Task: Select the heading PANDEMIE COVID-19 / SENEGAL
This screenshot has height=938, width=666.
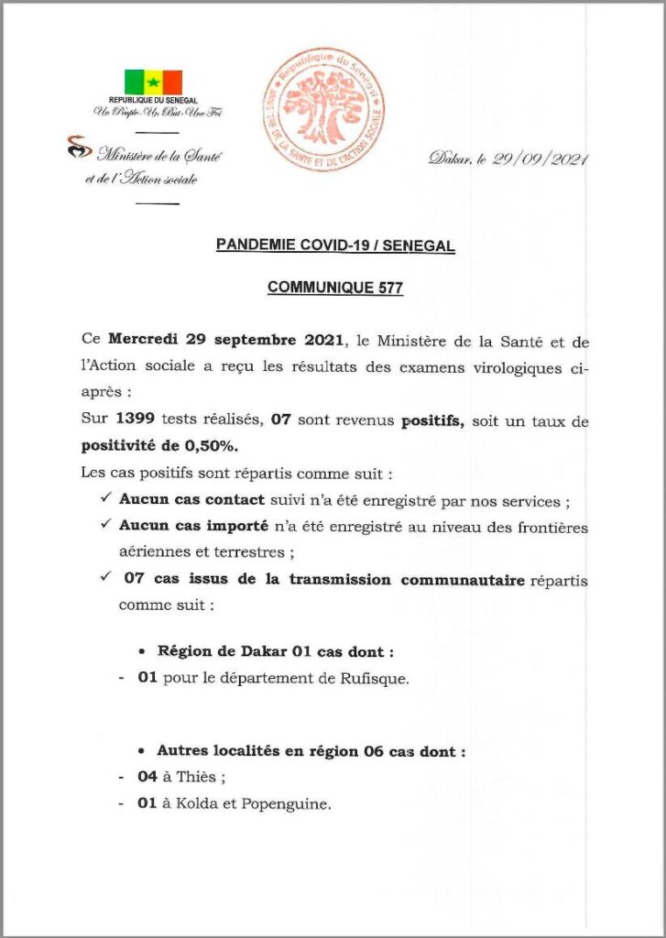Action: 335,245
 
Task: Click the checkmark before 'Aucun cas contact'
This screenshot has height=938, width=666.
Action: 105,501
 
